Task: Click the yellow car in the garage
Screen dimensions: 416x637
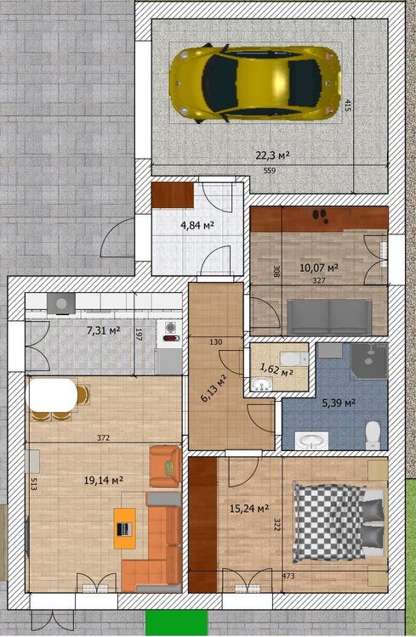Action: (x=255, y=84)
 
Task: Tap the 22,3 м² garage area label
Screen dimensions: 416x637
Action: (x=273, y=155)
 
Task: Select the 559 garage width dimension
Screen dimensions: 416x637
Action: (x=270, y=171)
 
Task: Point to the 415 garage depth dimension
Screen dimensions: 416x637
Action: (x=348, y=105)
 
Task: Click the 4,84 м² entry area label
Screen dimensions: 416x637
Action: (x=197, y=225)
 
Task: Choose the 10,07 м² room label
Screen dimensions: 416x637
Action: (x=319, y=268)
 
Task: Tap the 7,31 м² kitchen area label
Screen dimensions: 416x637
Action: (x=104, y=330)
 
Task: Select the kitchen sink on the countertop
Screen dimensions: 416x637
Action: (x=61, y=303)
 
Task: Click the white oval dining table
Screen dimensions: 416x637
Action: (x=52, y=394)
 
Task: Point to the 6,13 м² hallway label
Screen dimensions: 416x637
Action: (x=214, y=387)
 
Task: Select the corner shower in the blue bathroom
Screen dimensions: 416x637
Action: (x=369, y=361)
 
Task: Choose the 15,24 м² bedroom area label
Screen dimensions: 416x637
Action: (x=249, y=508)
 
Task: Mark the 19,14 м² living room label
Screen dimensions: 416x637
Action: (x=104, y=481)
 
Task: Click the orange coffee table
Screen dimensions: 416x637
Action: (x=125, y=528)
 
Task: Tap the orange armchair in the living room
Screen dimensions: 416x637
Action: (x=165, y=466)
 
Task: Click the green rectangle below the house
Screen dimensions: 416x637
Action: (x=177, y=623)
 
